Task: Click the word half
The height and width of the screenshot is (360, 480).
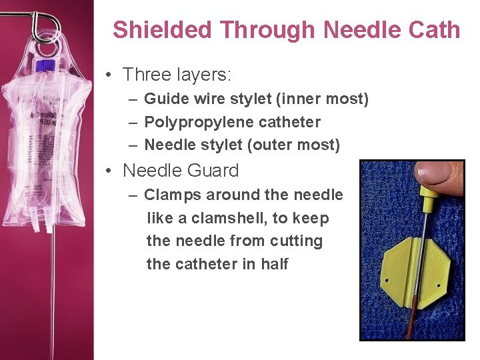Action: tap(275, 264)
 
